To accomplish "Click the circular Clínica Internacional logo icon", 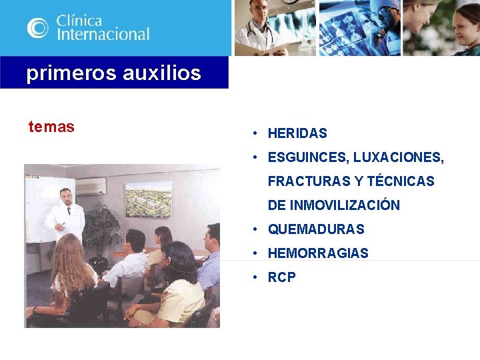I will click(x=37, y=28).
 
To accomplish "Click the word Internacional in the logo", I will click(x=103, y=34).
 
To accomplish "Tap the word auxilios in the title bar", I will click(x=161, y=73).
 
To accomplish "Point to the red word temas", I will click(x=51, y=127).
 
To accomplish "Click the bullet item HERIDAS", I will click(x=297, y=133).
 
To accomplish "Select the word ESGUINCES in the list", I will click(x=307, y=157).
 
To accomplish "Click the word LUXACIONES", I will click(x=399, y=157).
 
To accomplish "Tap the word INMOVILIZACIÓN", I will click(x=344, y=205).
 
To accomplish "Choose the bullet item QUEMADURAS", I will click(x=316, y=229).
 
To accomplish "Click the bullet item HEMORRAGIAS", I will click(x=318, y=253).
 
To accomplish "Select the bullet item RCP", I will click(x=282, y=277).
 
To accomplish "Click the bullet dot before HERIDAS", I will click(x=255, y=133).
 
